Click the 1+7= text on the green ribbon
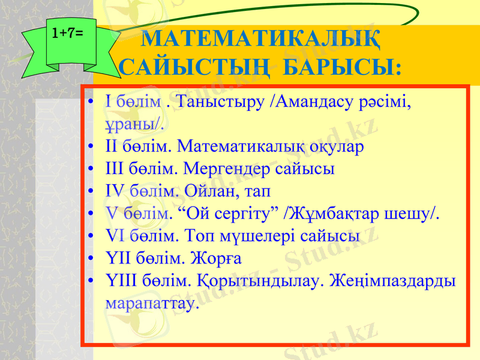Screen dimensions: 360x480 (x=67, y=34)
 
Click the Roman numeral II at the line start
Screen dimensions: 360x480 (x=111, y=146)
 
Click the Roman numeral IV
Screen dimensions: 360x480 (x=113, y=191)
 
